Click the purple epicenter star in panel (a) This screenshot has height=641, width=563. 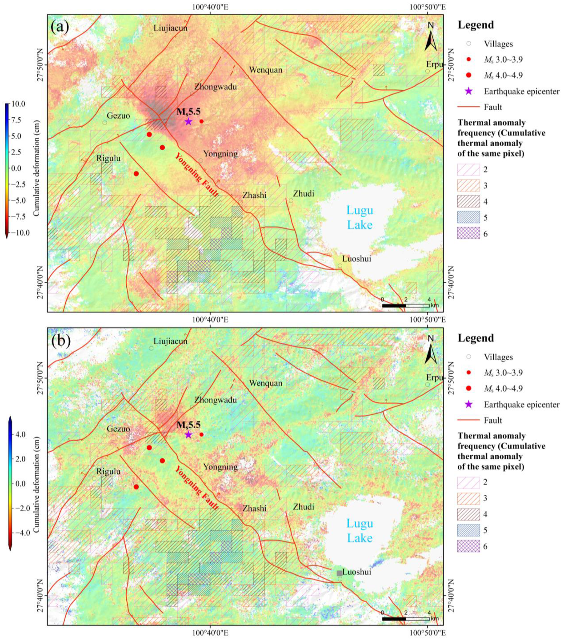(x=188, y=121)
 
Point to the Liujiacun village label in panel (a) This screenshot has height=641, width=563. (x=170, y=28)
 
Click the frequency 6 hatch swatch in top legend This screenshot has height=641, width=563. (x=468, y=233)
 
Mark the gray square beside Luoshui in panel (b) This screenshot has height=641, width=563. (x=339, y=573)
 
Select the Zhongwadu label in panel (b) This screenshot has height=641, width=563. (x=215, y=400)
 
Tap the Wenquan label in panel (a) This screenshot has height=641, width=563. (x=266, y=70)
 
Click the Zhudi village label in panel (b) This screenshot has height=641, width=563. (x=303, y=506)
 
